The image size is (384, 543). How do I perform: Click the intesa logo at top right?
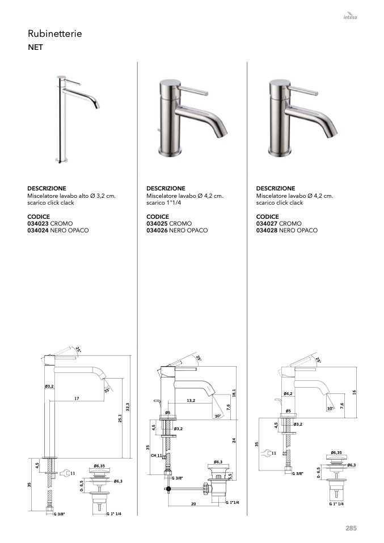point(350,16)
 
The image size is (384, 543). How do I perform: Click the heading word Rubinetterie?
point(55,33)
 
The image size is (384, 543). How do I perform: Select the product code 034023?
point(38,223)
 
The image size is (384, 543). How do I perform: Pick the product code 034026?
point(157,230)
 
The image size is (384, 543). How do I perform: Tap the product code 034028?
point(267,230)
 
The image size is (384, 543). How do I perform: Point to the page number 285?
point(351,528)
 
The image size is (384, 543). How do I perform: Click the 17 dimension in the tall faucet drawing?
point(77,398)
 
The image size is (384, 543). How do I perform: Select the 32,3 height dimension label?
point(128,407)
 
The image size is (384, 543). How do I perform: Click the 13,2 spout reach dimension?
point(191,400)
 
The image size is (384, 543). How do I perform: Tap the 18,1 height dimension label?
point(234,393)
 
